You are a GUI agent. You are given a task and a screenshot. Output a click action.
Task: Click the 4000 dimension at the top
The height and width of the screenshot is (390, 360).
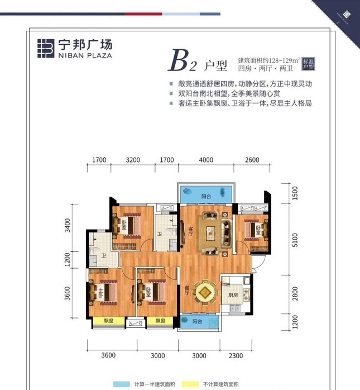tap(206, 160)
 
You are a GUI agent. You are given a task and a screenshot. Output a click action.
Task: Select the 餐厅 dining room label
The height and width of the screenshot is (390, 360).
tap(186, 291)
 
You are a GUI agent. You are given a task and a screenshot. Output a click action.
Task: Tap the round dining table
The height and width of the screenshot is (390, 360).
tap(206, 291)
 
